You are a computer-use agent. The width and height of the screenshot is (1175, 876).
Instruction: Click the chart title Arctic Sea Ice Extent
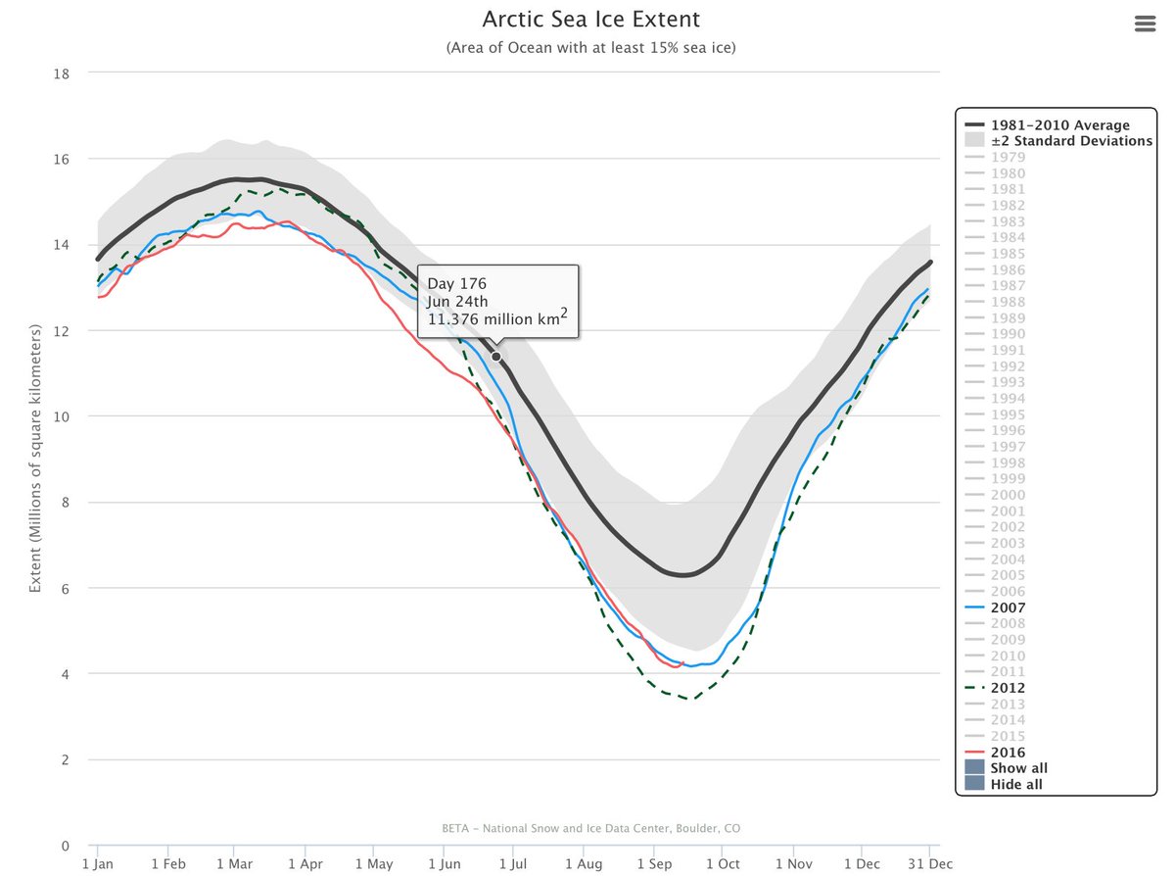click(x=591, y=21)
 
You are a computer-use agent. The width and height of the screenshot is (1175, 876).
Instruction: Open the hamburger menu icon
click(x=1146, y=24)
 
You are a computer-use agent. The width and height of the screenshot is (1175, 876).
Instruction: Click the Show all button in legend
click(x=1018, y=768)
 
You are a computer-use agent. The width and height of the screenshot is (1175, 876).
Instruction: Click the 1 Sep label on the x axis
click(x=654, y=863)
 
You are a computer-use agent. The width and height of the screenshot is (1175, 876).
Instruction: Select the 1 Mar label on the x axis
click(x=234, y=863)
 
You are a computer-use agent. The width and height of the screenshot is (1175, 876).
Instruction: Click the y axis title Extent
click(x=35, y=460)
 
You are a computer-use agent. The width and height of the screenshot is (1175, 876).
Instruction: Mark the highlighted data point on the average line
click(x=496, y=356)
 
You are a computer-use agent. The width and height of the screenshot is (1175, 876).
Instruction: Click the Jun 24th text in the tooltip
click(x=457, y=302)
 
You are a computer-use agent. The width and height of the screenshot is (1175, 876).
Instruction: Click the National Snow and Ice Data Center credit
click(x=591, y=828)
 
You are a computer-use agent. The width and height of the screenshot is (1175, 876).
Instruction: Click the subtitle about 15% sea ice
click(x=591, y=48)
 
